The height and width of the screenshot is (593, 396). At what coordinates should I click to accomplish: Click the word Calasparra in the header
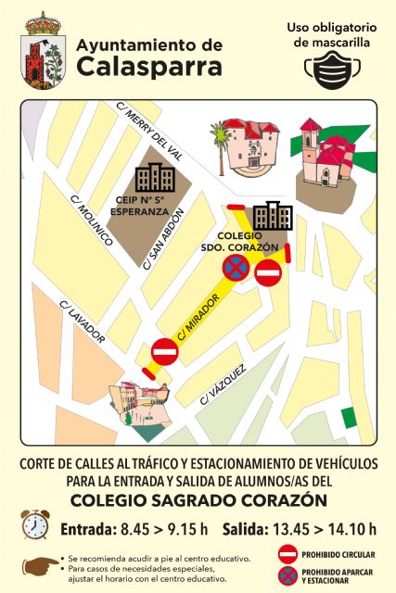point(149,67)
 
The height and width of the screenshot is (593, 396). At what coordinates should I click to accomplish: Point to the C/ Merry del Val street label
point(146,130)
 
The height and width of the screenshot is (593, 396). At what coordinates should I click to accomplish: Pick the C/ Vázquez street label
point(223,384)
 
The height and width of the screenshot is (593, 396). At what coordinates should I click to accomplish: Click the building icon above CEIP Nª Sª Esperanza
point(154,177)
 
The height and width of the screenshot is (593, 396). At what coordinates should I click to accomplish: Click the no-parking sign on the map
point(235,269)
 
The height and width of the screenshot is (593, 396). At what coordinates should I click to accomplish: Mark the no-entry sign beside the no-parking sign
point(267,274)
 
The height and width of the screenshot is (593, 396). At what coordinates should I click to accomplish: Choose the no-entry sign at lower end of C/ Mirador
point(164,353)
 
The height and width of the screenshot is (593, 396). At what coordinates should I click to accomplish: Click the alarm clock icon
point(35,524)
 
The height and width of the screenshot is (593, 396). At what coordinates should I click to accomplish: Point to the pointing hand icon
point(41,564)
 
